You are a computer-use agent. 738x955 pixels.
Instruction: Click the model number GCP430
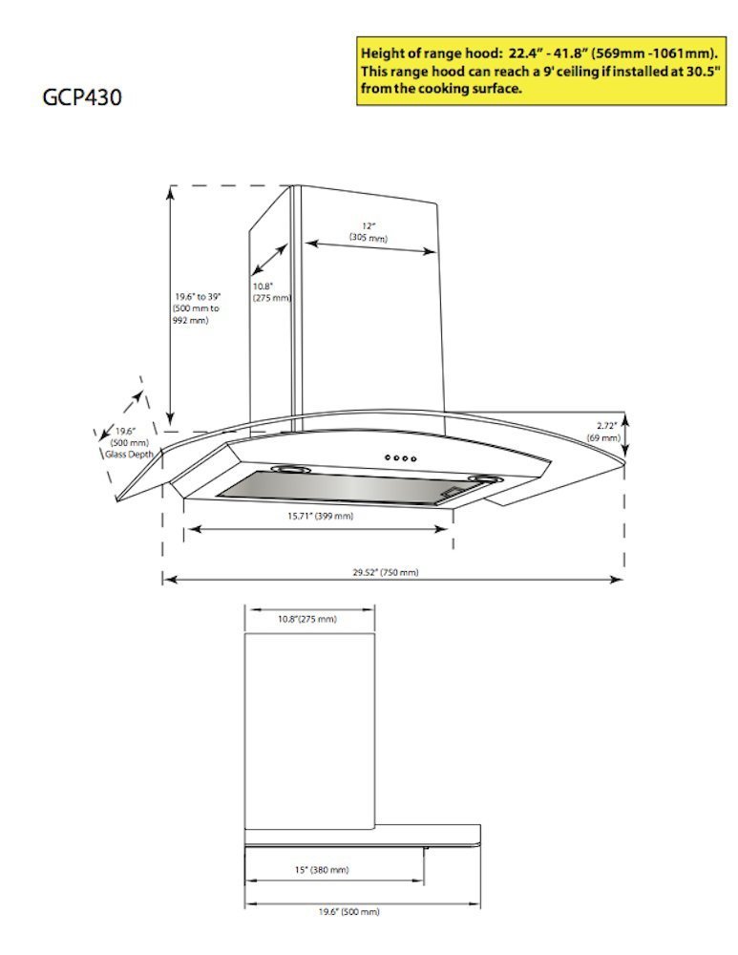click(81, 97)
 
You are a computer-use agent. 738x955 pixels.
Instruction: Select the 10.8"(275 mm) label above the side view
click(306, 620)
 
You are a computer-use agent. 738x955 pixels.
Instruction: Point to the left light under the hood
click(285, 470)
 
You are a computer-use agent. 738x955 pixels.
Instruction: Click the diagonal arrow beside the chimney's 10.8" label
click(269, 261)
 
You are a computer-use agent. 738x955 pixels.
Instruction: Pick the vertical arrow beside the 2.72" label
click(625, 432)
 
